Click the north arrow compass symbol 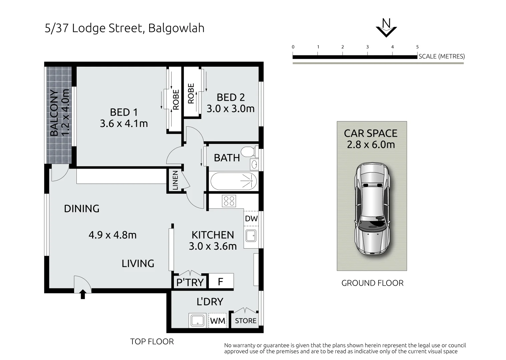[x=386, y=28]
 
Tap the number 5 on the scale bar [x=417, y=47]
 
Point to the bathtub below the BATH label [x=233, y=181]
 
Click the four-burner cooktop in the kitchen [x=229, y=201]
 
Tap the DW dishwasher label [x=251, y=219]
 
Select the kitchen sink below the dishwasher [x=251, y=235]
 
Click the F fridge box [x=221, y=281]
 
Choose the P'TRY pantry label [x=190, y=282]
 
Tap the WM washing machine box [x=217, y=321]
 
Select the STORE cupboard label [x=246, y=321]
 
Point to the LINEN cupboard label [x=175, y=180]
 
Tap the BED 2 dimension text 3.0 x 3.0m [x=230, y=109]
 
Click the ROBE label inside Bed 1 [x=176, y=99]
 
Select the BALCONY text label [x=54, y=113]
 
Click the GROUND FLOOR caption [x=372, y=283]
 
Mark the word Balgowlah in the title [x=176, y=28]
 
